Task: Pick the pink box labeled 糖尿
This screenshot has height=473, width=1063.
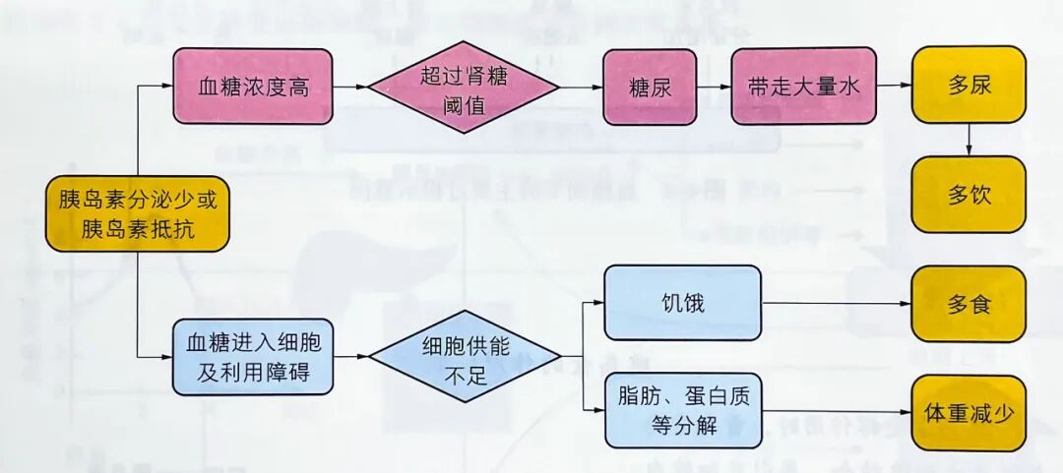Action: click(x=649, y=87)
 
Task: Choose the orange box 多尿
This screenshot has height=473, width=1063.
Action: click(x=969, y=85)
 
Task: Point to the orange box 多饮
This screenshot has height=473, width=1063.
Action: click(x=969, y=194)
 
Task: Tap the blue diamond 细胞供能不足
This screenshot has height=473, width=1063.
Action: click(x=465, y=358)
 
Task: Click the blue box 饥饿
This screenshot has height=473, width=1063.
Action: click(x=682, y=303)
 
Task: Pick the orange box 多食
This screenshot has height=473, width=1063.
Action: click(x=969, y=303)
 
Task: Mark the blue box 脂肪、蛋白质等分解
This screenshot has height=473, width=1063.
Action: click(x=682, y=410)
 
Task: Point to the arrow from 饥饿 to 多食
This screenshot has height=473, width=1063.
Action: click(x=837, y=304)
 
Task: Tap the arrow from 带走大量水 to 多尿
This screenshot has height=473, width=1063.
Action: click(x=894, y=86)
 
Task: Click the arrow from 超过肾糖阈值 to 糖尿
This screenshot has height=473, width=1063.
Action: click(x=581, y=88)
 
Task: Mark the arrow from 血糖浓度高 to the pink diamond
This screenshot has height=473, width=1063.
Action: click(x=348, y=88)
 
